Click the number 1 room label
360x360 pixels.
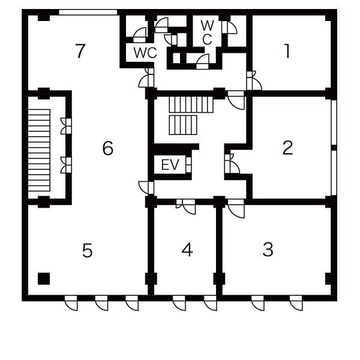(x=287, y=51)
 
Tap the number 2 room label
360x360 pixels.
(x=287, y=148)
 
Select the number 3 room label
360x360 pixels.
(x=268, y=249)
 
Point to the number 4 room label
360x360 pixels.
(x=187, y=250)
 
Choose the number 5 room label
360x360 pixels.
(x=87, y=250)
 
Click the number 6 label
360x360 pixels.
(x=107, y=148)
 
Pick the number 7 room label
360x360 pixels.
(x=80, y=51)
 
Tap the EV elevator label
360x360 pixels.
(x=170, y=164)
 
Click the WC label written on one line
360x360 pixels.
(x=145, y=53)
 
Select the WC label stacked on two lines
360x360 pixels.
(x=208, y=32)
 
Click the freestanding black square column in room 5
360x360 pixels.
(x=44, y=278)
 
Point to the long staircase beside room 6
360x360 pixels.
(x=39, y=151)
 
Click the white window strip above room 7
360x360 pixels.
(x=88, y=12)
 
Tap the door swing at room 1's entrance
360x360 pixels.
(x=254, y=80)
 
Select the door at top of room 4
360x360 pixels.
(x=186, y=206)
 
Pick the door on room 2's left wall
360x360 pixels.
(x=232, y=163)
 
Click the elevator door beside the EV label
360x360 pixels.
(x=188, y=165)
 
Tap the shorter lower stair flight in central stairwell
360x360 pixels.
(x=183, y=125)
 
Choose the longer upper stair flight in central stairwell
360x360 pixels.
(x=191, y=104)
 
